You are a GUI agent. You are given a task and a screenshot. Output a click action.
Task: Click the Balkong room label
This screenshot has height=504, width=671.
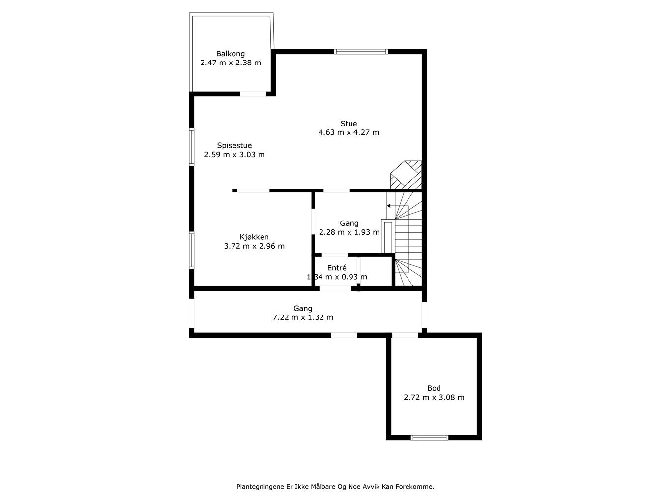click(230, 54)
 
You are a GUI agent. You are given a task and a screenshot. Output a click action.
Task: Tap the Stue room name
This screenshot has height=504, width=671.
click(349, 124)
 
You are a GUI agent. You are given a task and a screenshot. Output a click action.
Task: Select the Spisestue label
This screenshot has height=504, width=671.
click(234, 146)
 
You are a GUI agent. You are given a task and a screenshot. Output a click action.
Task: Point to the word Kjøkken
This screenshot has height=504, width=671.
click(254, 237)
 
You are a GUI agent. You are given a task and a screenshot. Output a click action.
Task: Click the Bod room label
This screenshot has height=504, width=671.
click(434, 388)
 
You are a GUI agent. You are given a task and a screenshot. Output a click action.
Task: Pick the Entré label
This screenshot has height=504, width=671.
click(337, 268)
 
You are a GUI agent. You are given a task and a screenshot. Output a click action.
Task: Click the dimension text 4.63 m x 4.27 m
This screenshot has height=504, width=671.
click(349, 132)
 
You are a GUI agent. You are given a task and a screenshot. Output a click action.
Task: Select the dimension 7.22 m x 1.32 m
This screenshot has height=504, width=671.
click(303, 317)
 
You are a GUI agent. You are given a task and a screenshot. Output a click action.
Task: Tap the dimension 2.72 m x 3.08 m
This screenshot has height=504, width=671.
click(434, 398)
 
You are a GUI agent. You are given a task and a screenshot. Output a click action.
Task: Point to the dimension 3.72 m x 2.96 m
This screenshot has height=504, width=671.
click(254, 246)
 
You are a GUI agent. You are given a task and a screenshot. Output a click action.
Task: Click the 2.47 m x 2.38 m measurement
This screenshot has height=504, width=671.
click(231, 63)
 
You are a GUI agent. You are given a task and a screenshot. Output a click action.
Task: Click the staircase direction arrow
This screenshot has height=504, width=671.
click(391, 206)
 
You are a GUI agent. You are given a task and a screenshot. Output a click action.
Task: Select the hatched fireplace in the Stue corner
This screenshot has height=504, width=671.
click(406, 175)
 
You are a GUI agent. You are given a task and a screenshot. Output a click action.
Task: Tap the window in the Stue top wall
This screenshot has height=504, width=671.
click(361, 51)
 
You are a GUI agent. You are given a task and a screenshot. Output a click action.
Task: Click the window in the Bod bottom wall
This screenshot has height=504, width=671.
click(430, 438)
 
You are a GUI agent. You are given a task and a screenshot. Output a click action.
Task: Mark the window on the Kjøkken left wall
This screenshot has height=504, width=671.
click(192, 251)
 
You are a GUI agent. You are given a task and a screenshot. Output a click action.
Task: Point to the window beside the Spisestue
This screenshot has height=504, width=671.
click(192, 147)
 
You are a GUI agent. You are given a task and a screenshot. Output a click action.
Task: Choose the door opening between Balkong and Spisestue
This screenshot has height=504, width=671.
click(253, 94)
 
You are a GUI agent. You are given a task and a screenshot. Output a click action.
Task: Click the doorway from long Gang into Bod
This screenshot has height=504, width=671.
click(405, 335)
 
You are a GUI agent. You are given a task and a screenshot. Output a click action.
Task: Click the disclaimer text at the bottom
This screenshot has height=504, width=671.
click(335, 487)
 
